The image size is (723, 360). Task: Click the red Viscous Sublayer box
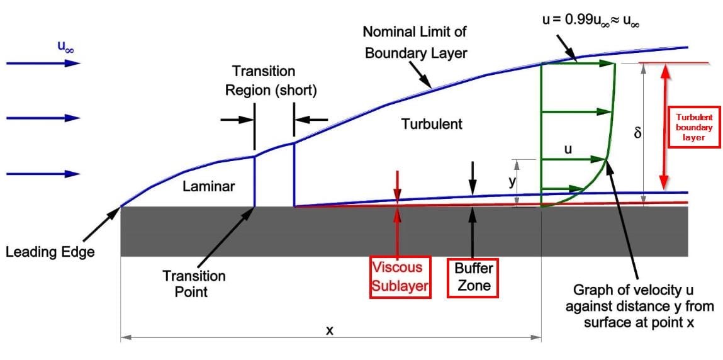400,278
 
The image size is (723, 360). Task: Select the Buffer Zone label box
472,278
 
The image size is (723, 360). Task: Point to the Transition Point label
194,283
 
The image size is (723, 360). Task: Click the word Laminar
208,186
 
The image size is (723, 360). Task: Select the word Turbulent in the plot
432,124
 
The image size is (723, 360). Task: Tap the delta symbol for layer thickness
637,133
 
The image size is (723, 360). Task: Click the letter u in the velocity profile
568,150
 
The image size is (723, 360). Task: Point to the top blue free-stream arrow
43,63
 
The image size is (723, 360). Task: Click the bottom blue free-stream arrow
43,174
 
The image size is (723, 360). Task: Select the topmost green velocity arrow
578,63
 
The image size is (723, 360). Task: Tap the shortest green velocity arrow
563,188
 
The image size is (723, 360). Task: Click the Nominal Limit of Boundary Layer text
416,42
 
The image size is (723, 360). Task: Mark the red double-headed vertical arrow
662,126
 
